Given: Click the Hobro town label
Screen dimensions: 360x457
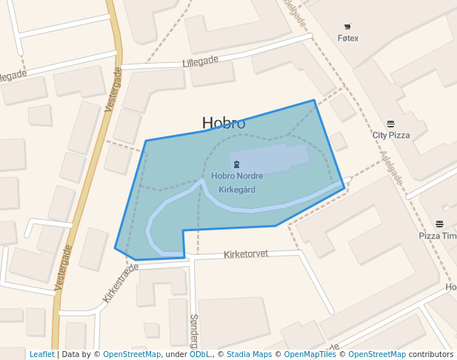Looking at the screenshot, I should [224, 124].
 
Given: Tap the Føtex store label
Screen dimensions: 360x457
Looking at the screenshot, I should [347, 38].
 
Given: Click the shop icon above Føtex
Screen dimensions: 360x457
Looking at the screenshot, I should [347, 27].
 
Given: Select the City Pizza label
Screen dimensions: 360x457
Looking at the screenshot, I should [390, 136].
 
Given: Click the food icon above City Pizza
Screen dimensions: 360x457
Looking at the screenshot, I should [390, 124].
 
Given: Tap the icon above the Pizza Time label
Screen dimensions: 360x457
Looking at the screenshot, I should [439, 224].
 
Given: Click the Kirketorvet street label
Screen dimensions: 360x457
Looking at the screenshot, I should [245, 254].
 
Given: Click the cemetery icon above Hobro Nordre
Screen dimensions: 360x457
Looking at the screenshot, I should [236, 164].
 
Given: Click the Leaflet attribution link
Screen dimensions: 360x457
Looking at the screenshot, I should [41, 354].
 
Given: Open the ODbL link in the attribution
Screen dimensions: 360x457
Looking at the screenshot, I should [200, 354].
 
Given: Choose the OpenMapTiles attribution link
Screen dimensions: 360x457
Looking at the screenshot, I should [307, 354].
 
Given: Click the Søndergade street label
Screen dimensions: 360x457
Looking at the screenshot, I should [195, 330].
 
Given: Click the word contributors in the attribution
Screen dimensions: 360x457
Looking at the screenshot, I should [431, 354].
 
